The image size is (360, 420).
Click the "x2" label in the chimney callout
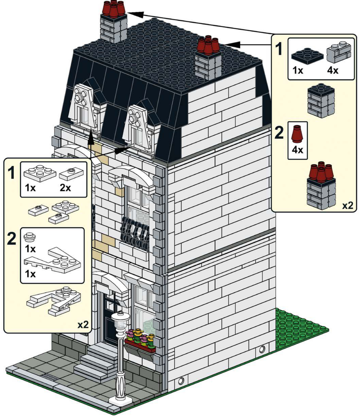point(348,205)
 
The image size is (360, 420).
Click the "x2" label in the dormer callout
point(83,325)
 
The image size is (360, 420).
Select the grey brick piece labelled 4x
point(339,52)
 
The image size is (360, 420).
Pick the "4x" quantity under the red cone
point(297,150)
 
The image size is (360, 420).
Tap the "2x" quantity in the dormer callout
point(65,187)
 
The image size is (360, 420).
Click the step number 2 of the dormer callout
point(11,239)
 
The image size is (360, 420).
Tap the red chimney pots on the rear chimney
point(114,8)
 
